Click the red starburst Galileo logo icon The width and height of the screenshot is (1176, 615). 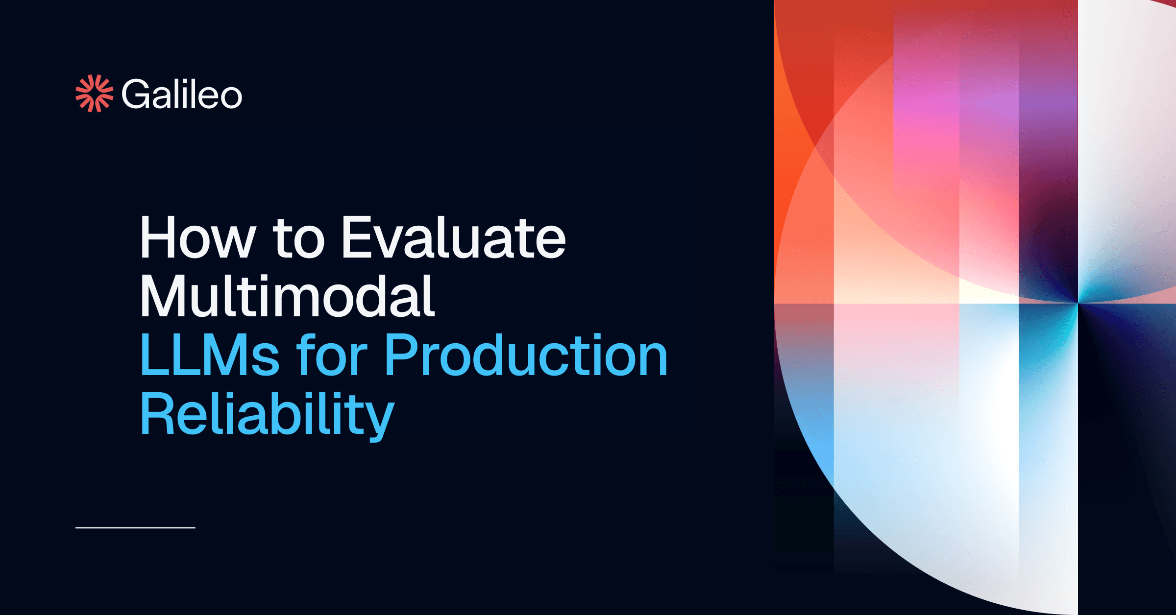pyautogui.click(x=94, y=94)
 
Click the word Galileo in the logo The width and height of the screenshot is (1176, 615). pyautogui.click(x=182, y=94)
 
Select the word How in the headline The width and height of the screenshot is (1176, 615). pyautogui.click(x=198, y=237)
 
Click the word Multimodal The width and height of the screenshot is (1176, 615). pyautogui.click(x=288, y=296)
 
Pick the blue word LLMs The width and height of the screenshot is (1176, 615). pyautogui.click(x=210, y=355)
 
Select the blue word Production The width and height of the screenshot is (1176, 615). pyautogui.click(x=526, y=355)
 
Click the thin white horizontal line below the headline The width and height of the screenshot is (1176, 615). pyautogui.click(x=135, y=528)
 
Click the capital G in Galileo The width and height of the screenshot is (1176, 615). pyautogui.click(x=135, y=94)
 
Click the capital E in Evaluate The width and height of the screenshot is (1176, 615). pyautogui.click(x=359, y=237)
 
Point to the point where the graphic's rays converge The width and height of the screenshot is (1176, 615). pyautogui.click(x=1078, y=304)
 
